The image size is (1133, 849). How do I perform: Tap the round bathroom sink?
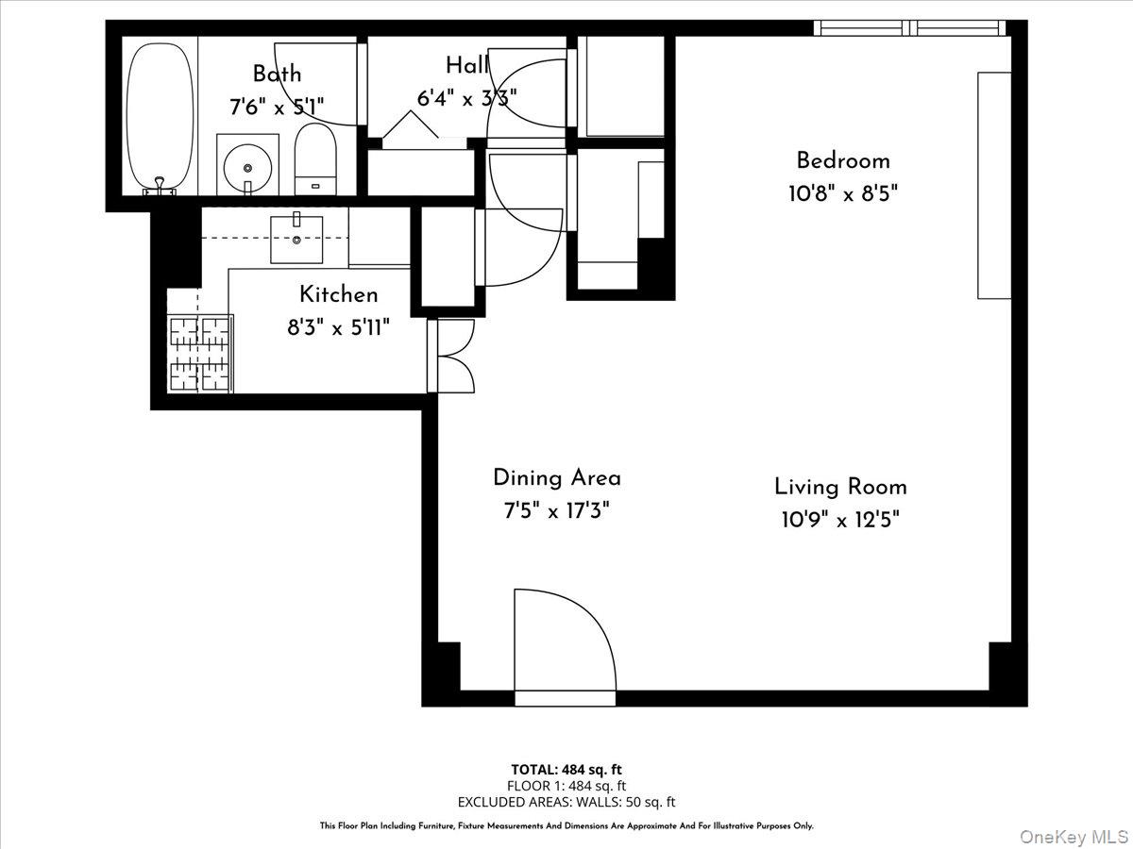[247, 167]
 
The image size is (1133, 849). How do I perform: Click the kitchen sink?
[296, 239]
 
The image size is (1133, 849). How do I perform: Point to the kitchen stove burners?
[199, 354]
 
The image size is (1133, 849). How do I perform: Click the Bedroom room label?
[842, 160]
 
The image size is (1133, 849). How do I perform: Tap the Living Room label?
[840, 487]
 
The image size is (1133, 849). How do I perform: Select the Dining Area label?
[556, 478]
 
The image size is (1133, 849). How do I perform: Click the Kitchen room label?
[338, 294]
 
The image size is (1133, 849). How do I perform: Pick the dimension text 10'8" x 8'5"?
[842, 194]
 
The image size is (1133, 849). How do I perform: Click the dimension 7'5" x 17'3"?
[556, 511]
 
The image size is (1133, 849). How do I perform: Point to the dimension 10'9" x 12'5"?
[840, 520]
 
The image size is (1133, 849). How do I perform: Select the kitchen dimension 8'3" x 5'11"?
[338, 328]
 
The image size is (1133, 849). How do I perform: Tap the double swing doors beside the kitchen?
[453, 356]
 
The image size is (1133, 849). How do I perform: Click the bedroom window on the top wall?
[910, 28]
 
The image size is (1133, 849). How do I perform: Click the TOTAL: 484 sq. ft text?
[566, 768]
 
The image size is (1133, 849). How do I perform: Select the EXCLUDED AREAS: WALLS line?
[566, 802]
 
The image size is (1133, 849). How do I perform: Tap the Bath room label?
[277, 74]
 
